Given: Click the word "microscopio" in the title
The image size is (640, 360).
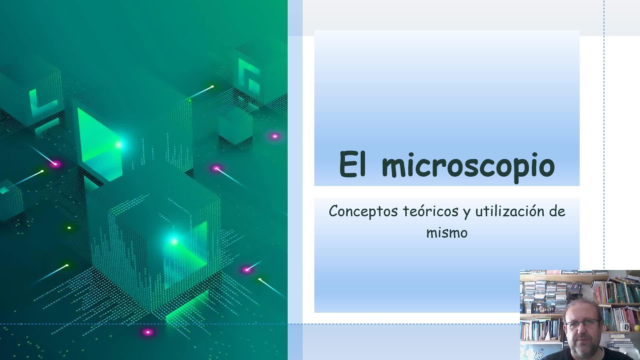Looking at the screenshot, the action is pyautogui.click(x=468, y=165).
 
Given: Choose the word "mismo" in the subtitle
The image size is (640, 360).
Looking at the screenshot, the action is pyautogui.click(x=447, y=233).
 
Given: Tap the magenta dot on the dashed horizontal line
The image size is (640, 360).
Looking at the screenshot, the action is pyautogui.click(x=148, y=332).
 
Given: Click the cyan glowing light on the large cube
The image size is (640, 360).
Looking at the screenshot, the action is pyautogui.click(x=174, y=241).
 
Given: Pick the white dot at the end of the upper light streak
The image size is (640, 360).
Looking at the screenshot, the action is pyautogui.click(x=212, y=87).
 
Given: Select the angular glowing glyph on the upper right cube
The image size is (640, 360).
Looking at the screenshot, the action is pyautogui.click(x=249, y=75).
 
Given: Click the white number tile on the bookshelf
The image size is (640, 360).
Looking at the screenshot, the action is pyautogui.click(x=627, y=327).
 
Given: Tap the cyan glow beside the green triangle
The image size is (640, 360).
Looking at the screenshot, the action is pyautogui.click(x=119, y=145).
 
